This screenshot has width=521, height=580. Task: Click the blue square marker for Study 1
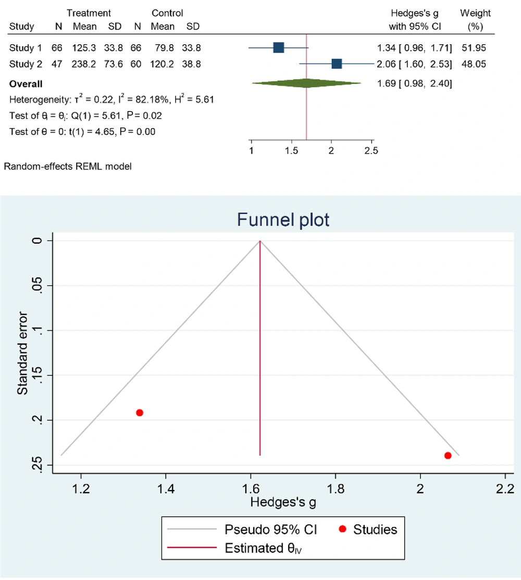pyautogui.click(x=278, y=48)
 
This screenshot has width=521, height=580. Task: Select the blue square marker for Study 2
pyautogui.click(x=337, y=64)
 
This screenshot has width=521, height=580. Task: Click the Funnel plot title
pyautogui.click(x=283, y=220)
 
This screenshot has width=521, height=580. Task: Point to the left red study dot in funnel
pyautogui.click(x=140, y=413)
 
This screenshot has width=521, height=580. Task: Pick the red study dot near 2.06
pyautogui.click(x=448, y=456)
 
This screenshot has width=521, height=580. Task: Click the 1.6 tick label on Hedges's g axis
pyautogui.click(x=251, y=489)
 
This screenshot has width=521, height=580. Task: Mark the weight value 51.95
pyautogui.click(x=474, y=48)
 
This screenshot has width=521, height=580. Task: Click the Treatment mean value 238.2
pyautogui.click(x=84, y=64)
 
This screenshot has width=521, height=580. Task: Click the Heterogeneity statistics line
pyautogui.click(x=111, y=99)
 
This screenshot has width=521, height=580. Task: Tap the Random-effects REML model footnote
pyautogui.click(x=68, y=167)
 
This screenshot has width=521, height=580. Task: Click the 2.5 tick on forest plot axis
pyautogui.click(x=371, y=151)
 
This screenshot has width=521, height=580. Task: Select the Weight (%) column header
pyautogui.click(x=475, y=19)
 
